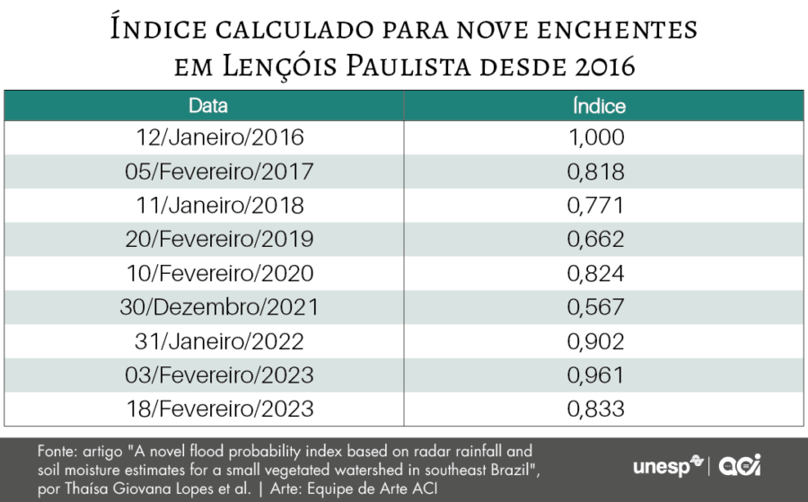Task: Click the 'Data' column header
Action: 208,106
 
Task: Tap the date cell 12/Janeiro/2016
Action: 220,137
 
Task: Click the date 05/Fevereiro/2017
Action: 220,172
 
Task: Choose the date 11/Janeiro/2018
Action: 220,206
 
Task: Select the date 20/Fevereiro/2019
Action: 220,240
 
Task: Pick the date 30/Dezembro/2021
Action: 220,307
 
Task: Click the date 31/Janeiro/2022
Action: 220,341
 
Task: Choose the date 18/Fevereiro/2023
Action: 220,410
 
